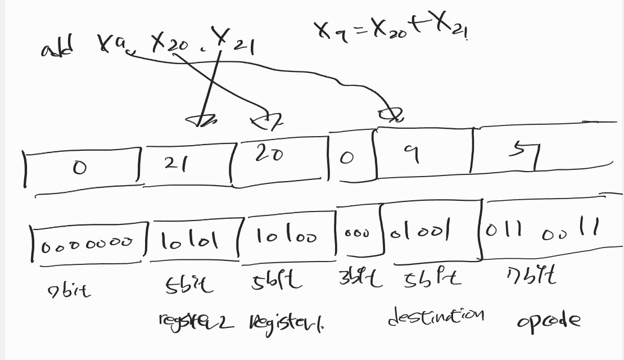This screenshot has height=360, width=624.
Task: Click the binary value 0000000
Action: [x=88, y=242]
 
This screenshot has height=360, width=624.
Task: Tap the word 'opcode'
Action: [x=548, y=320]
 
